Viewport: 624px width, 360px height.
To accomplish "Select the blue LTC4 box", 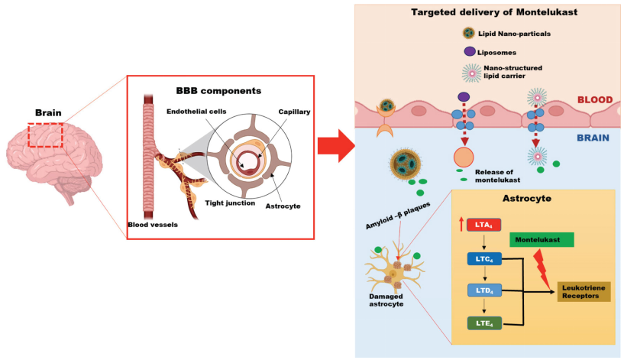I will (x=484, y=258).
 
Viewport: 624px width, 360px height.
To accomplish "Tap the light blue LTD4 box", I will (x=484, y=290).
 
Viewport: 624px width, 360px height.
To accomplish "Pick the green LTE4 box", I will (x=484, y=323).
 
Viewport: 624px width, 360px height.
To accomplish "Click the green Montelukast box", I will (x=542, y=239).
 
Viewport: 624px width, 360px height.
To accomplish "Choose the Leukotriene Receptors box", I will (x=584, y=291).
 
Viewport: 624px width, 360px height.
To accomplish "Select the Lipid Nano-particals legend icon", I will (x=469, y=34).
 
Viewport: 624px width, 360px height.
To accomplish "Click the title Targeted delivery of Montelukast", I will (x=489, y=13).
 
